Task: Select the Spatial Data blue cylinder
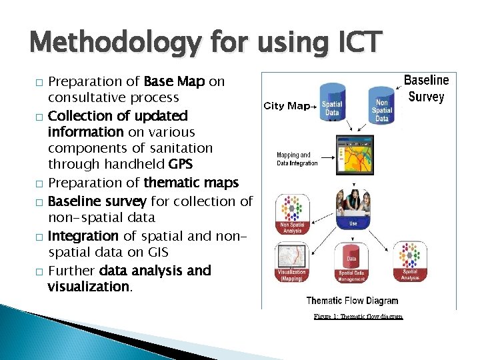332,103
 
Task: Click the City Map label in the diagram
287,105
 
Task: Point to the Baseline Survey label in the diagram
426,89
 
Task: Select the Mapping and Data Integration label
297,159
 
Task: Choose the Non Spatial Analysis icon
292,213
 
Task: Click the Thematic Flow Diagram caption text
352,301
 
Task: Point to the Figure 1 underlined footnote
358,316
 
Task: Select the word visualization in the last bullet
89,287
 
